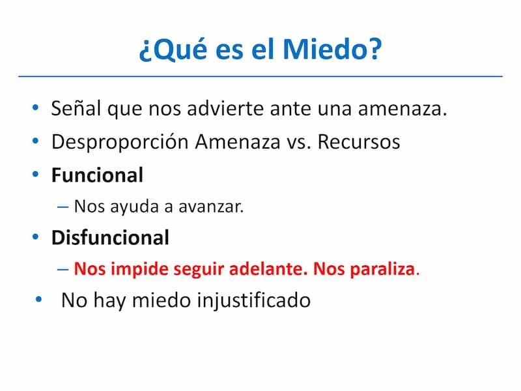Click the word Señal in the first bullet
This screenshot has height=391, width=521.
pos(76,108)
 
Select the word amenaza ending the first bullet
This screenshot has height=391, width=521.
pos(402,109)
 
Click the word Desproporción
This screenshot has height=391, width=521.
pos(120,142)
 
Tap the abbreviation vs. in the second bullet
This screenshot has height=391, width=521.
pos(299,143)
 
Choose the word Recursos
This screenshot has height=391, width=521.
pos(359,142)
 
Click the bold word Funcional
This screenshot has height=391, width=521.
pos(97,175)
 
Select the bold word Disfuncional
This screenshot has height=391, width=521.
pos(110,237)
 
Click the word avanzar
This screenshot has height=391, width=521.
pos(211,207)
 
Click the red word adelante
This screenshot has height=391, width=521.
pos(268,268)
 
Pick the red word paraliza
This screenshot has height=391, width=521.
pos(382,269)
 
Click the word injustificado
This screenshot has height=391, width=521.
pos(254,300)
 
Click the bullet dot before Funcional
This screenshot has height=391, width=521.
pos(36,174)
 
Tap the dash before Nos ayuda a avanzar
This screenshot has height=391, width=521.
pos(63,207)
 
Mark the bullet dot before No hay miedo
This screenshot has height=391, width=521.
pos(39,300)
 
